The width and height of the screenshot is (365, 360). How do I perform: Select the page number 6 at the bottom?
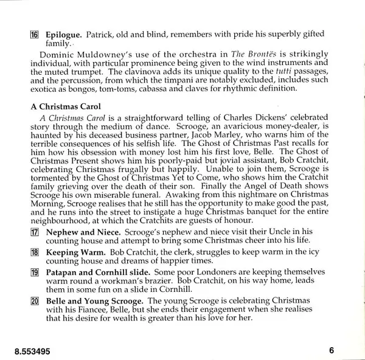coord(332,350)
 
